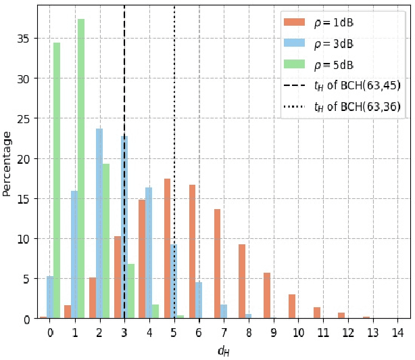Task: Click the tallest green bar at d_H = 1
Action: click(81, 169)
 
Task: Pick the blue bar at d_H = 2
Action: click(99, 223)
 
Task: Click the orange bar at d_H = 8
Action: click(242, 282)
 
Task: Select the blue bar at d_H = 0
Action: click(49, 297)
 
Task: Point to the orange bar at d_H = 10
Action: click(292, 307)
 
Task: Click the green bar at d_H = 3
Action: click(131, 291)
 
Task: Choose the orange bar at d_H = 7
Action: click(217, 264)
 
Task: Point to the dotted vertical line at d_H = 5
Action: click(174, 68)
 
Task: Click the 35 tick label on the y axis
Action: click(24, 39)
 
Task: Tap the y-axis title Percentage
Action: click(7, 163)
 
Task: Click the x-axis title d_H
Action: click(223, 351)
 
